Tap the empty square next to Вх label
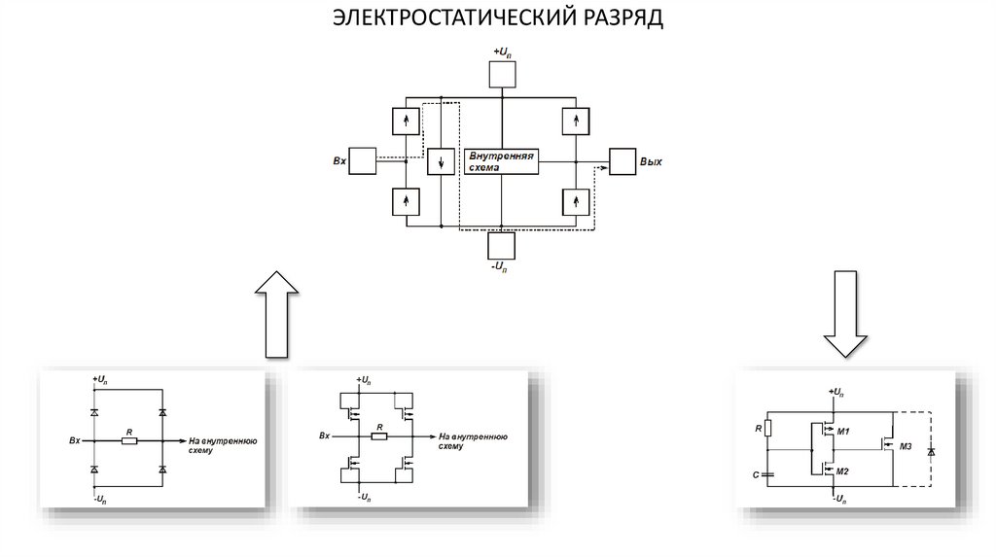(363, 160)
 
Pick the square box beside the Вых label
(622, 160)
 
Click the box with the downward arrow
(442, 160)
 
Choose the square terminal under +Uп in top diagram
(502, 74)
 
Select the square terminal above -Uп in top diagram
(502, 246)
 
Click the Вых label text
(651, 161)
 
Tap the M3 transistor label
(905, 446)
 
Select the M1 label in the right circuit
(843, 431)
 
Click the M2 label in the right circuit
(843, 470)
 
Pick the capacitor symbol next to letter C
(767, 473)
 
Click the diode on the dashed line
(932, 453)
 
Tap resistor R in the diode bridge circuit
(128, 440)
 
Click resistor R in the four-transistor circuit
(379, 436)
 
